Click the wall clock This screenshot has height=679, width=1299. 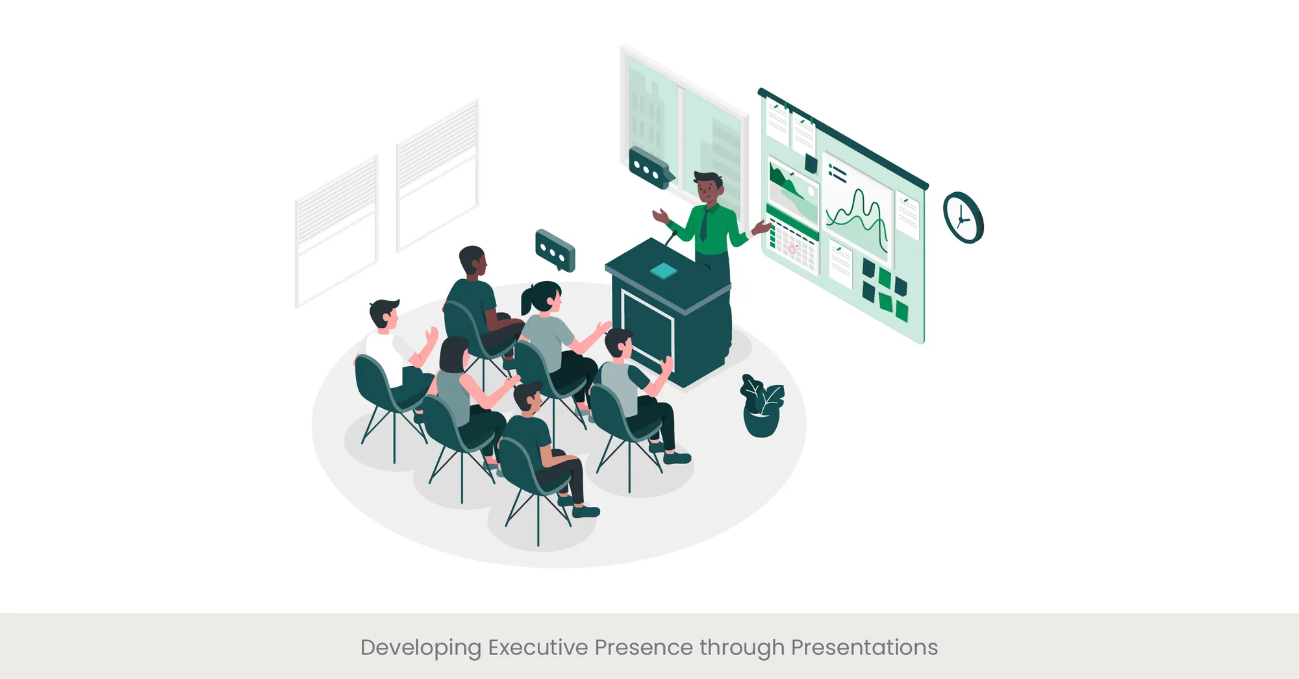pyautogui.click(x=963, y=218)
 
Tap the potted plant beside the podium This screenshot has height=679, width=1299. pyautogui.click(x=761, y=406)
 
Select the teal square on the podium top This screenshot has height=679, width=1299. pyautogui.click(x=663, y=271)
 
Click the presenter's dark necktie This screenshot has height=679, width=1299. pyautogui.click(x=704, y=225)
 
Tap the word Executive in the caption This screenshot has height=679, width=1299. pyautogui.click(x=538, y=647)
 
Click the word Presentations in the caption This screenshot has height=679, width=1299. pyautogui.click(x=864, y=647)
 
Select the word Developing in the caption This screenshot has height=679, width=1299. pyautogui.click(x=420, y=648)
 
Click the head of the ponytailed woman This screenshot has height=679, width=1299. pyautogui.click(x=543, y=297)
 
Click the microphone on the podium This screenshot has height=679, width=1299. pyautogui.click(x=671, y=238)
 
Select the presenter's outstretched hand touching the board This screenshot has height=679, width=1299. pyautogui.click(x=761, y=227)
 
